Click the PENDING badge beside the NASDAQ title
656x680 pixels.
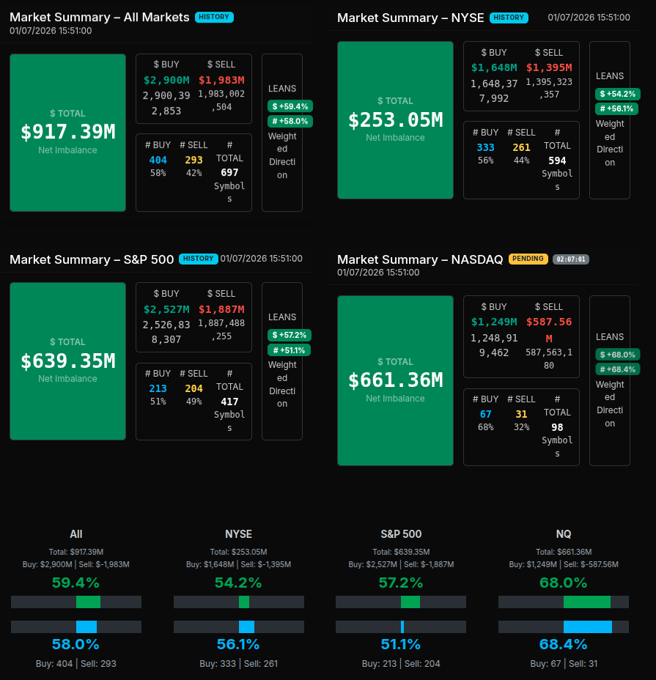click(x=528, y=259)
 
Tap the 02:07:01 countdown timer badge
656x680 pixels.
click(x=571, y=259)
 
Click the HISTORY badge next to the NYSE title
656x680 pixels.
click(x=509, y=18)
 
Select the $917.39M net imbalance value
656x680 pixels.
click(x=67, y=132)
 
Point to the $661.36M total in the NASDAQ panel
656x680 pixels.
click(x=395, y=380)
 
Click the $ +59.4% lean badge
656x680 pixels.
click(x=290, y=106)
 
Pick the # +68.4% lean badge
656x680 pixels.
click(x=617, y=369)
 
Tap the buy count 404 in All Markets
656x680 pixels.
click(x=158, y=160)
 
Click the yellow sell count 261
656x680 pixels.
click(x=521, y=147)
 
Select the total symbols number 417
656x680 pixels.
click(x=229, y=402)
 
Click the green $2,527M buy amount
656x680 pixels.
click(x=166, y=309)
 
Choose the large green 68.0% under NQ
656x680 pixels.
click(x=563, y=583)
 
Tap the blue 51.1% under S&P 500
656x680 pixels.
click(x=401, y=645)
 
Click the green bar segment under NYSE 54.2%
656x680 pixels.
click(x=244, y=602)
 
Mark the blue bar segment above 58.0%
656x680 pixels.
click(x=86, y=627)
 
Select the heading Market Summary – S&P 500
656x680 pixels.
click(x=92, y=259)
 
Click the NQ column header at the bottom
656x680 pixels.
click(x=563, y=533)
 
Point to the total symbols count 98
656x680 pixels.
click(x=557, y=427)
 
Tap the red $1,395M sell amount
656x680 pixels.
click(x=549, y=67)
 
